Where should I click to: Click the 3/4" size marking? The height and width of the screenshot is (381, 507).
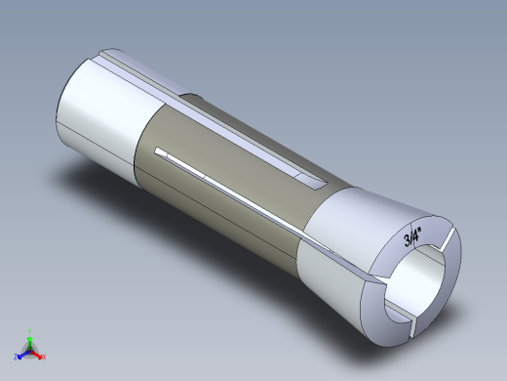(410, 235)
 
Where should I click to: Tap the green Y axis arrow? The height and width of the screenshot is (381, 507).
(30, 338)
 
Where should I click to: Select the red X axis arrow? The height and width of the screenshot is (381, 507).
(38, 355)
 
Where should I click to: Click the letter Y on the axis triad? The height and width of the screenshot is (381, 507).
(30, 331)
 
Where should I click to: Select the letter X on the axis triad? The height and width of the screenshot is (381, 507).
(44, 358)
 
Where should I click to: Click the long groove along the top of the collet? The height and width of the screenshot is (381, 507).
(195, 98)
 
